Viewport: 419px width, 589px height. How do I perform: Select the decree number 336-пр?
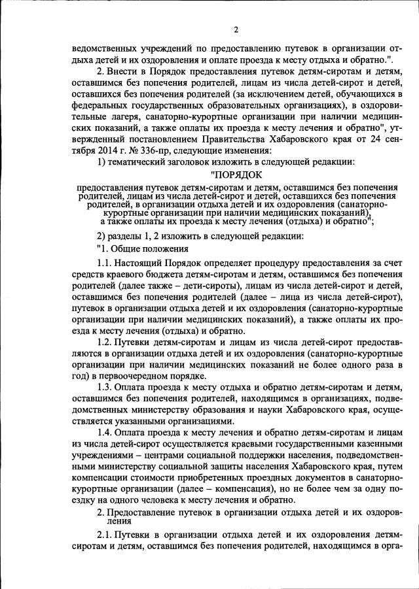(x=152, y=148)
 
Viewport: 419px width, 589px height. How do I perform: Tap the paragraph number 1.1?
(x=105, y=262)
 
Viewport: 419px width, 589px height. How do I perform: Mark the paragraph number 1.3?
(x=105, y=388)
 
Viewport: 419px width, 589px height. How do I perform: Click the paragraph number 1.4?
(x=105, y=433)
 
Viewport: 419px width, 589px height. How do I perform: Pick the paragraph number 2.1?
(x=105, y=535)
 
